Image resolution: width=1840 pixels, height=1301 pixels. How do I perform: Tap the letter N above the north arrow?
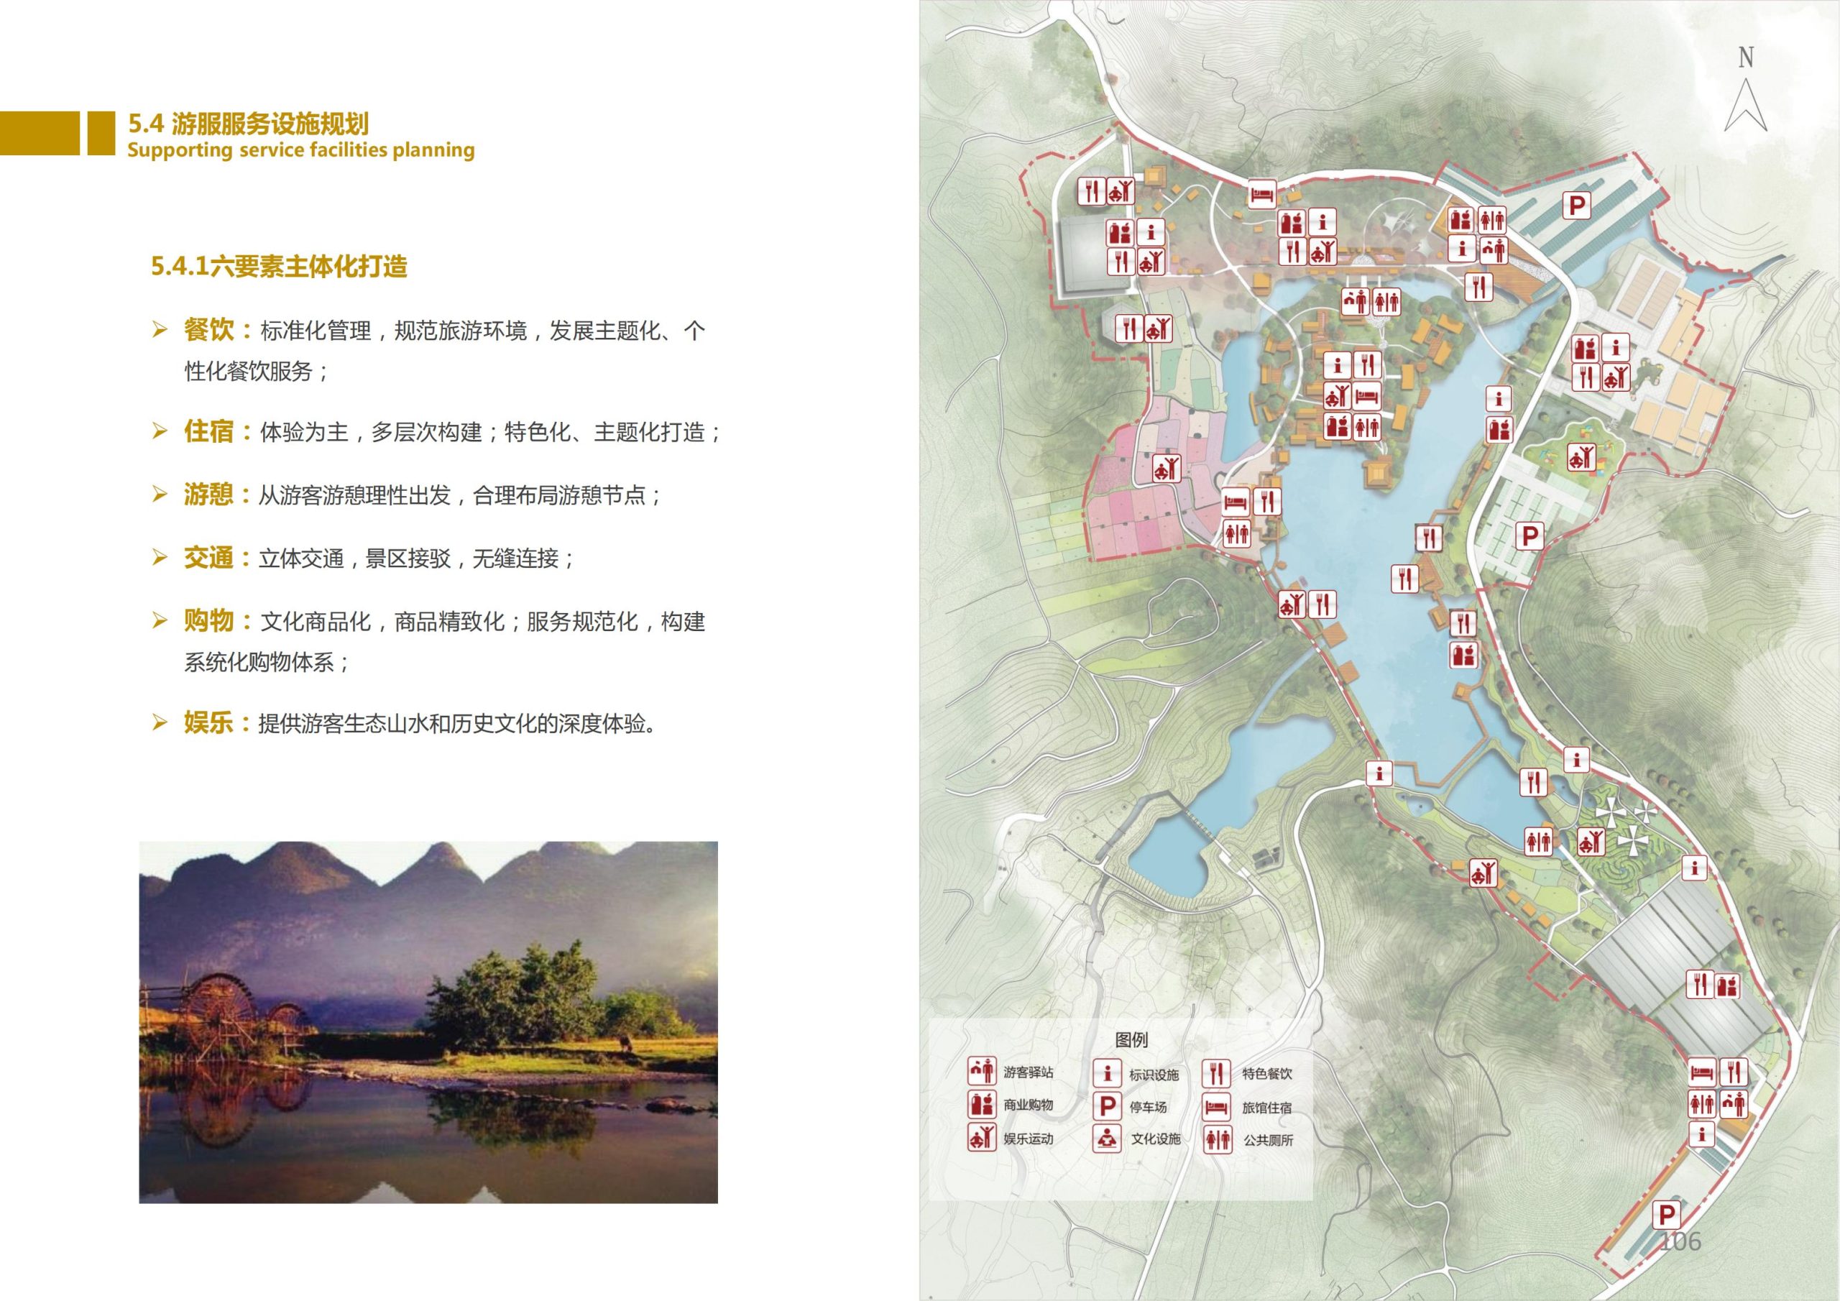pyautogui.click(x=1745, y=58)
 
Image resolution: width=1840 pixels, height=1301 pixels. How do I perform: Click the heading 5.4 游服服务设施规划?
pyautogui.click(x=249, y=124)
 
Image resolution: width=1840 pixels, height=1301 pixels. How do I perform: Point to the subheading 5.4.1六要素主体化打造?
pyautogui.click(x=279, y=266)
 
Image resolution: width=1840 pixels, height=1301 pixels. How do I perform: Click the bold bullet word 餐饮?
pyautogui.click(x=208, y=329)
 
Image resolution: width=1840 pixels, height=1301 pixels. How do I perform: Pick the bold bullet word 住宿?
pyautogui.click(x=208, y=431)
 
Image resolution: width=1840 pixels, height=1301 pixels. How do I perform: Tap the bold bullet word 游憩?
pyautogui.click(x=208, y=495)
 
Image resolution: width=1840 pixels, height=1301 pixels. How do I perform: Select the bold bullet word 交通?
pyautogui.click(x=208, y=558)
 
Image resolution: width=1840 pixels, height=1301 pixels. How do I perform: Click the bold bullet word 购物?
pyautogui.click(x=208, y=621)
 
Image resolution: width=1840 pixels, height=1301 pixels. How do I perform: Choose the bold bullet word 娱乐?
pyautogui.click(x=208, y=723)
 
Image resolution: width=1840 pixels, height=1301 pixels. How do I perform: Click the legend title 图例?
pyautogui.click(x=1131, y=1039)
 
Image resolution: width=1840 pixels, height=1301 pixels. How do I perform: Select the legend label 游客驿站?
pyautogui.click(x=1029, y=1072)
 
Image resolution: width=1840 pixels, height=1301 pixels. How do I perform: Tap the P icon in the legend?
pyautogui.click(x=1107, y=1107)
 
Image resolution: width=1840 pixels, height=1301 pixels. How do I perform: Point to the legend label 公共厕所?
pyautogui.click(x=1268, y=1140)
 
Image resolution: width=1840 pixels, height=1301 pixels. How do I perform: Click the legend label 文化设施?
pyautogui.click(x=1156, y=1139)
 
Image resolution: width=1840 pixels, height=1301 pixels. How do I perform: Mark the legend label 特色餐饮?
pyautogui.click(x=1267, y=1073)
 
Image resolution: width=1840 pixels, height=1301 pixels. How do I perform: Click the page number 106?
pyautogui.click(x=1680, y=1241)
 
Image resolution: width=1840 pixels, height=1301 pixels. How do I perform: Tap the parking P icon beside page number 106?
pyautogui.click(x=1667, y=1215)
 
